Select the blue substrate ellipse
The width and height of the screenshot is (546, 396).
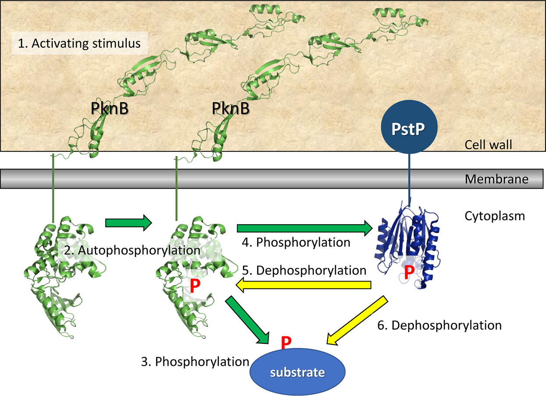coord(298,372)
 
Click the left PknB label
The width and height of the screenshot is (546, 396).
coord(110,109)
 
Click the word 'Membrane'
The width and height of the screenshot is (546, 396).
coord(496,179)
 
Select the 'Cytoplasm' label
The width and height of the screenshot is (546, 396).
coord(495,216)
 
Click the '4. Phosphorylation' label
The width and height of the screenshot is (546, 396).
coord(296,242)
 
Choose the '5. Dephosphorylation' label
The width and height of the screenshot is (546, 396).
coord(304,270)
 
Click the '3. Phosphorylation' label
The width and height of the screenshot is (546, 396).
coord(196,361)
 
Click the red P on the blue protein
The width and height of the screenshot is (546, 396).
coord(409,272)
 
